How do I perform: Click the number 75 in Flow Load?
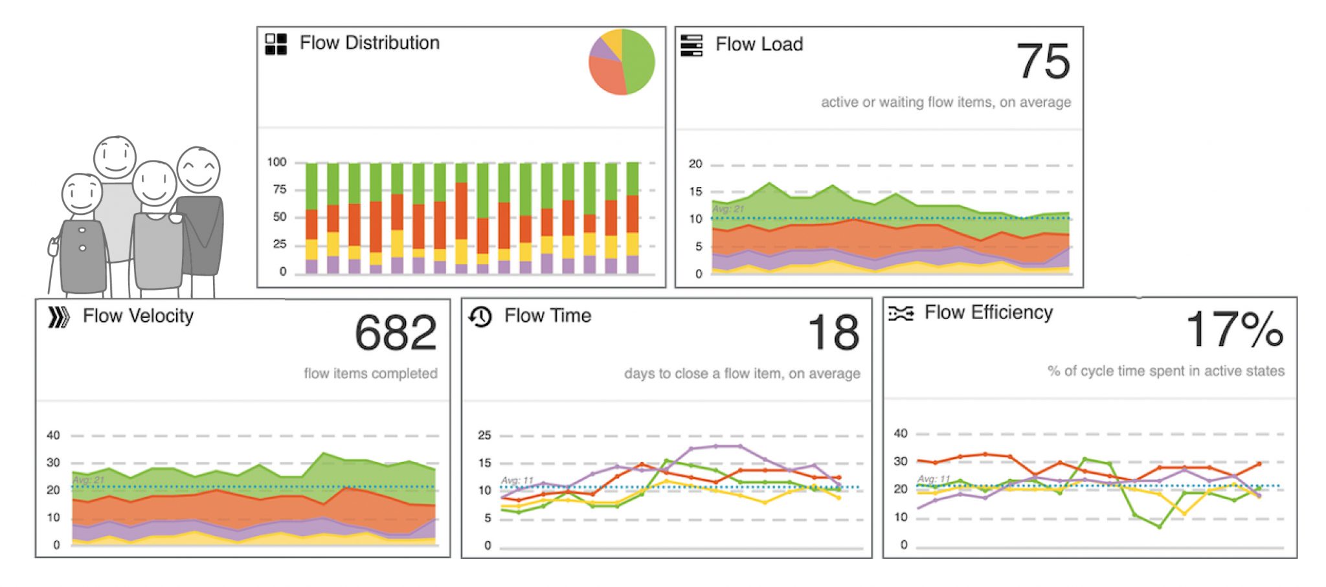click(1042, 61)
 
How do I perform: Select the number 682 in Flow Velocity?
click(396, 333)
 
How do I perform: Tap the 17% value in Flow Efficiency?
click(1233, 329)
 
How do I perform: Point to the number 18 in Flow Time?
click(833, 333)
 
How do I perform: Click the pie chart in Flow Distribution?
click(622, 62)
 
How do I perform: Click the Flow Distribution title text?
click(369, 43)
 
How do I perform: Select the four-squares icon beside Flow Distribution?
click(276, 44)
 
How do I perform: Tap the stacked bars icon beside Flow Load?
click(691, 45)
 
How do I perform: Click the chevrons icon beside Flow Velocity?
click(58, 317)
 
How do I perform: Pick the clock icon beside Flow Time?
click(480, 316)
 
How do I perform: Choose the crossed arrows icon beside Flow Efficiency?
click(901, 314)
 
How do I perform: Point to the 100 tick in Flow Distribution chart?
click(276, 162)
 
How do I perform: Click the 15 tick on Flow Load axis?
click(695, 192)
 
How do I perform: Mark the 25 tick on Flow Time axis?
click(484, 436)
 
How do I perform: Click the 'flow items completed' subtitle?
click(370, 373)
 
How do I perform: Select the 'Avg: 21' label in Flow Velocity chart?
click(88, 480)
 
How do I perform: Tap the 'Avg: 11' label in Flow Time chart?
click(517, 480)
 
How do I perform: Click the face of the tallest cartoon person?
click(115, 157)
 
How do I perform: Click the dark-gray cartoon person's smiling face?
click(199, 170)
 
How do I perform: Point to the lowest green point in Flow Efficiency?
click(1159, 527)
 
